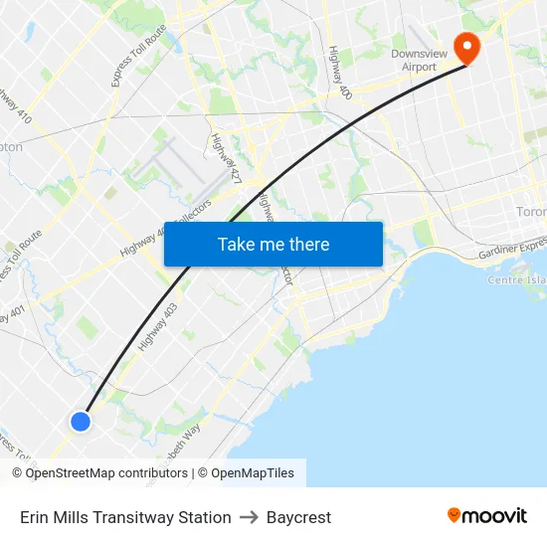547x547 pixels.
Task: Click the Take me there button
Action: tap(273, 245)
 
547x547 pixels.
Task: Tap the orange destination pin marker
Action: tap(465, 47)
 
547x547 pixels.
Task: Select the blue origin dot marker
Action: tap(81, 422)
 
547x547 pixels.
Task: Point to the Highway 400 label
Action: tap(340, 73)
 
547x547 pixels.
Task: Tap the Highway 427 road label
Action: tap(226, 159)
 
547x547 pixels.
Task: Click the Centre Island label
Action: tap(516, 280)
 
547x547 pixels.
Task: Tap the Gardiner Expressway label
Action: tap(512, 250)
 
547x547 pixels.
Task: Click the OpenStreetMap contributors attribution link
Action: tap(106, 473)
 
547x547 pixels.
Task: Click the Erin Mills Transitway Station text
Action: tap(125, 517)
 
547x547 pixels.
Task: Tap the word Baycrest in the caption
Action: tap(298, 517)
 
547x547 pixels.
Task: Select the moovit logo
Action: tap(487, 515)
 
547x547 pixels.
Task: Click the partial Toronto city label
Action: tap(531, 212)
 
